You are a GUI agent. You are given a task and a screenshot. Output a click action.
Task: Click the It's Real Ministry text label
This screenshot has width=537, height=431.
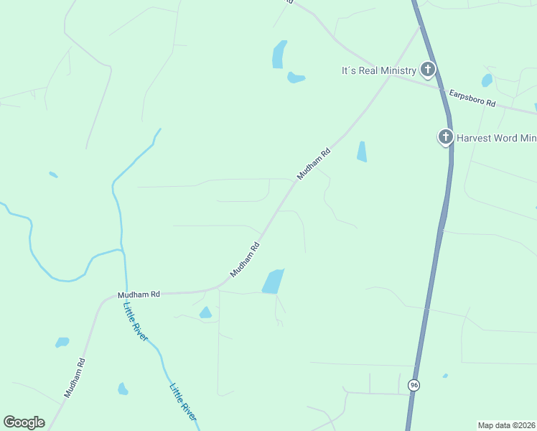[378, 70]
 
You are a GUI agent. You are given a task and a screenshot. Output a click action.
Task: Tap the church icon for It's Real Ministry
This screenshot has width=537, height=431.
[428, 70]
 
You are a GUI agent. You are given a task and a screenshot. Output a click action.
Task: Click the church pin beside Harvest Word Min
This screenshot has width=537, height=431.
[446, 136]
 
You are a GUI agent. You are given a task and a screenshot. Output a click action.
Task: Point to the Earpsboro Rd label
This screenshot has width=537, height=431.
[472, 98]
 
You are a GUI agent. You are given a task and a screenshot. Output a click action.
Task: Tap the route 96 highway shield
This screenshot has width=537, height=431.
[414, 386]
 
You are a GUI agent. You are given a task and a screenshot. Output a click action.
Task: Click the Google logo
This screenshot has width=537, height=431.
[24, 422]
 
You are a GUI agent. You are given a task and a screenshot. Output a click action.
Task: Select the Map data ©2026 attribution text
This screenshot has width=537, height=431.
[507, 425]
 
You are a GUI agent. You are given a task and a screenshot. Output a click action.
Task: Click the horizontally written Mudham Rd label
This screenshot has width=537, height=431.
[139, 295]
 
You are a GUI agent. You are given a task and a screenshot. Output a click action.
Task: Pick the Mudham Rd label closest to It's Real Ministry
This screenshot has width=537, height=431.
[314, 164]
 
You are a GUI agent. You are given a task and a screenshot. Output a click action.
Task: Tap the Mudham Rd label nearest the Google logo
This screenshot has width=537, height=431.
[75, 378]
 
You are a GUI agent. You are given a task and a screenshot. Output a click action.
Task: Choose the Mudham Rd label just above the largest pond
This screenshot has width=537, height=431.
[245, 260]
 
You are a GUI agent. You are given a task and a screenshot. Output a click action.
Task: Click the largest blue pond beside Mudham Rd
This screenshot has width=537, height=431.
[273, 281]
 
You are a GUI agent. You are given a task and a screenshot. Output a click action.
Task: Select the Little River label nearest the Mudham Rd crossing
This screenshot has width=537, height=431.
[135, 320]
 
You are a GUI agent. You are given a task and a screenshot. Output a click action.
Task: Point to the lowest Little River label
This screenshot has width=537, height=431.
[183, 402]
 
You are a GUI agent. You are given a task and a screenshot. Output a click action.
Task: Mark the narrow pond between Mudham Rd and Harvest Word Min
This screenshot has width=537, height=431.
[362, 151]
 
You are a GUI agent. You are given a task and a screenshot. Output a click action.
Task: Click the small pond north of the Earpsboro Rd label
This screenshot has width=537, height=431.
[487, 80]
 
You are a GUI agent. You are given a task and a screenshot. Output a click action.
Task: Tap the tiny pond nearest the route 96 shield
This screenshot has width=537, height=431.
[445, 376]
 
